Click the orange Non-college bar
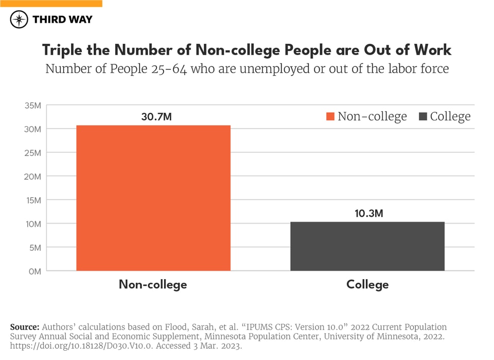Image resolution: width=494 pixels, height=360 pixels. [x=153, y=198]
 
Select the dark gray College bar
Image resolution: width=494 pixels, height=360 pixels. [x=367, y=246]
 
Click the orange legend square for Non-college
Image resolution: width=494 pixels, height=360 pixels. [x=330, y=116]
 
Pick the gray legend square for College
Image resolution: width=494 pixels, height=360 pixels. [x=422, y=116]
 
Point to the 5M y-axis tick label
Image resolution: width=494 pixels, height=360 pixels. [x=35, y=247]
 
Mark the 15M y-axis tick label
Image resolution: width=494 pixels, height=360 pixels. [x=33, y=200]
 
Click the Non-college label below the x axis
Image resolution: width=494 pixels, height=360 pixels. [x=153, y=284]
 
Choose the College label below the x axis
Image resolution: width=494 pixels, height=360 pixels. [x=367, y=284]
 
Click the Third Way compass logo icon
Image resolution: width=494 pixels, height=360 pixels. [x=19, y=20]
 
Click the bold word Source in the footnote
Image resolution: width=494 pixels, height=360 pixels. [x=24, y=327]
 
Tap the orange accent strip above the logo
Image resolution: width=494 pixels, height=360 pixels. [x=51, y=3]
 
